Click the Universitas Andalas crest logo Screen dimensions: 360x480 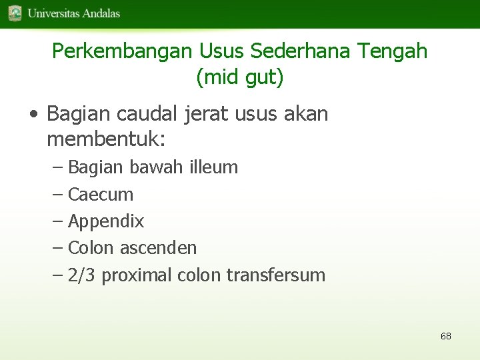15,13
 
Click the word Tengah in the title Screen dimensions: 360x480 393,51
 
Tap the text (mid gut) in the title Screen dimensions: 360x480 240,77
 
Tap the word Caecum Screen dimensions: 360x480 101,195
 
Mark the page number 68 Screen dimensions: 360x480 446,336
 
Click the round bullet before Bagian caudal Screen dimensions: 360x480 33,115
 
